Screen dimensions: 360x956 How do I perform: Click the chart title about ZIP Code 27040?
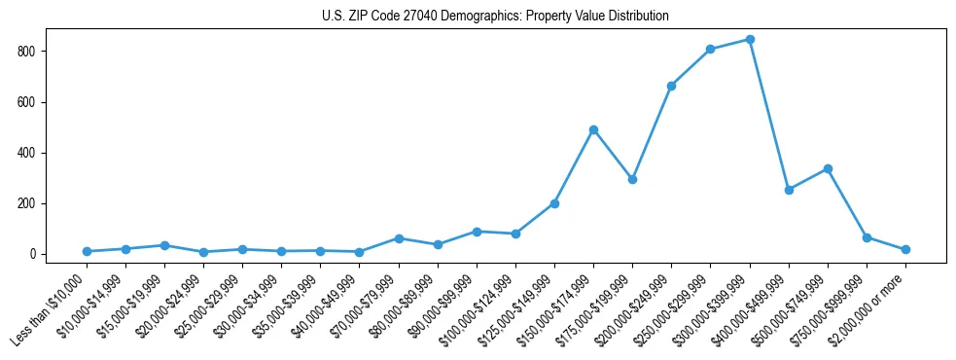[x=495, y=17]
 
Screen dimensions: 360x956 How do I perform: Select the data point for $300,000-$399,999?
[x=750, y=40]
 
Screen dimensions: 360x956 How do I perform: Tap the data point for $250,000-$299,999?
[x=711, y=49]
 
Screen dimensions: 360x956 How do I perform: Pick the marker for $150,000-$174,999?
[x=593, y=129]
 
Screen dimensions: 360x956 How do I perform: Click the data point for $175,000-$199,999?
[x=632, y=179]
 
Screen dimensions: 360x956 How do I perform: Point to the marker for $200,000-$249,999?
[x=671, y=86]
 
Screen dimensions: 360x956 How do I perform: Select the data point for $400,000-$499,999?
[x=789, y=190]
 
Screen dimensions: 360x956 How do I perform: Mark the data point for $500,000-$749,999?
[x=828, y=168]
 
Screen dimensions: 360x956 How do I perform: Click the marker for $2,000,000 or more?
[x=905, y=250]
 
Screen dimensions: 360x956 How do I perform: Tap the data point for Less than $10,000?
[x=87, y=252]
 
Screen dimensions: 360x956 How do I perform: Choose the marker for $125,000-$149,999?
[x=554, y=203]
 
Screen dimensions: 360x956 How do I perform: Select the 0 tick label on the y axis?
[x=35, y=254]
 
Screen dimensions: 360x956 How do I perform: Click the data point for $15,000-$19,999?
[x=164, y=245]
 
